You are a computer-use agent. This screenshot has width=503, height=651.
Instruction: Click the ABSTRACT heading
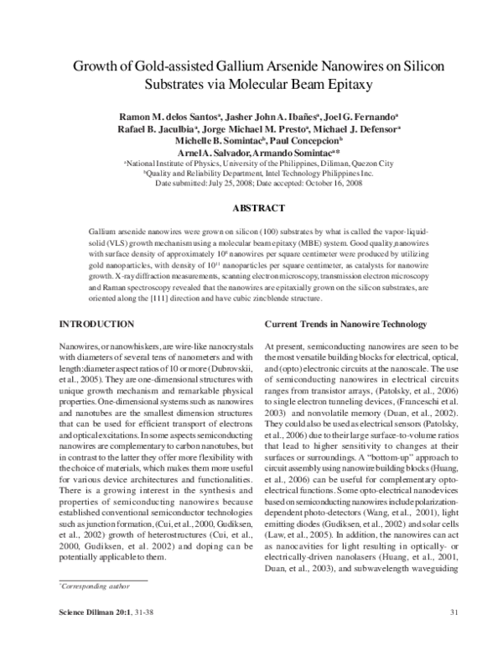point(251,207)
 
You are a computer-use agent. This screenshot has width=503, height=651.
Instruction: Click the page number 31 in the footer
point(453,633)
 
